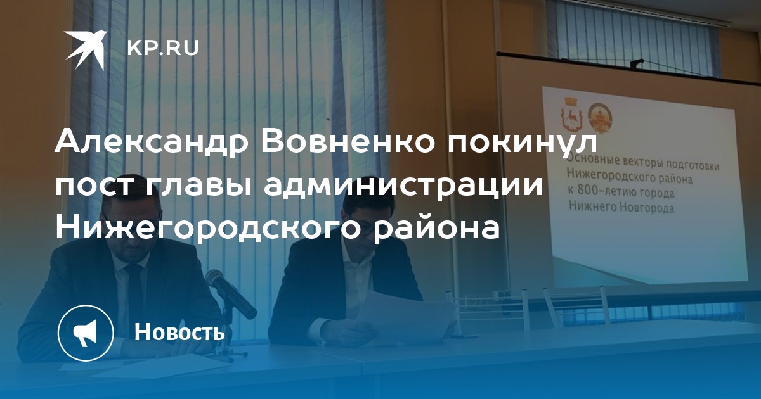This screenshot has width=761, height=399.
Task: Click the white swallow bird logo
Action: pyautogui.click(x=86, y=50)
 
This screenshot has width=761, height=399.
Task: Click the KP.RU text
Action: pyautogui.click(x=163, y=48)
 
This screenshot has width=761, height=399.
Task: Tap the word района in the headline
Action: pyautogui.click(x=436, y=229)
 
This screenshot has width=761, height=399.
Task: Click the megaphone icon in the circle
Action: pyautogui.click(x=85, y=333)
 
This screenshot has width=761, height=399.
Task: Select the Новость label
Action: pyautogui.click(x=179, y=332)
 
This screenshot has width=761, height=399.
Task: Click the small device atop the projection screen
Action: pyautogui.click(x=637, y=63)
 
